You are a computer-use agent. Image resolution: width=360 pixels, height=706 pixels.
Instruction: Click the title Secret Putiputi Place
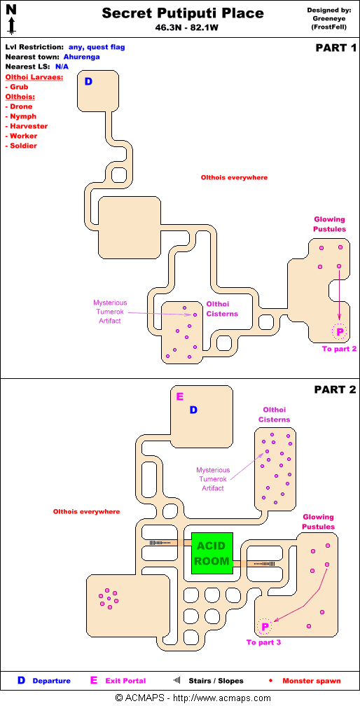tap(183, 13)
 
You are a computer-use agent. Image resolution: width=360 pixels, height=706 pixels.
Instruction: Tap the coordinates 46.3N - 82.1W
tap(183, 27)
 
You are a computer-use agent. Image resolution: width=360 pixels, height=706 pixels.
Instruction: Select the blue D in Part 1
tap(89, 81)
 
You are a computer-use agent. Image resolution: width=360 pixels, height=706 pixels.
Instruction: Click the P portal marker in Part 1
tap(340, 332)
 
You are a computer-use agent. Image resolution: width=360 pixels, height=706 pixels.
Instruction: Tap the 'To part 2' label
tap(339, 349)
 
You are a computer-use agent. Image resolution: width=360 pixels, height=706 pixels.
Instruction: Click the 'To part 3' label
tap(264, 642)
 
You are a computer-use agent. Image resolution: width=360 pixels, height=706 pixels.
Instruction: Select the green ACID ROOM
tap(212, 553)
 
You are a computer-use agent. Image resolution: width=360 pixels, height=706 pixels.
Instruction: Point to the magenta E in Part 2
tap(180, 396)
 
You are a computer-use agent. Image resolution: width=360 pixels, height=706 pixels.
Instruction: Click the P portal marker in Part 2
tap(265, 626)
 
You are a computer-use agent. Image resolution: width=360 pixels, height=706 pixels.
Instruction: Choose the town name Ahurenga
tap(81, 57)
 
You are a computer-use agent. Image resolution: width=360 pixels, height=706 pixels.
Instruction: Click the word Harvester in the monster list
tap(29, 126)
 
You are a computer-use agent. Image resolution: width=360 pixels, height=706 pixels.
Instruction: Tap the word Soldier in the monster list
tap(23, 146)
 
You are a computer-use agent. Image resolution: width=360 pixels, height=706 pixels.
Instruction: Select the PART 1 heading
tap(335, 48)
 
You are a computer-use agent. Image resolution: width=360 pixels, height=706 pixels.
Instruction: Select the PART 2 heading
tap(335, 389)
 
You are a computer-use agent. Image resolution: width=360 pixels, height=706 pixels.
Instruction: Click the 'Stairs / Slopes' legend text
tap(216, 681)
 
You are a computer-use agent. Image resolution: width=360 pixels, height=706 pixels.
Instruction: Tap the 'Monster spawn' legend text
tap(312, 681)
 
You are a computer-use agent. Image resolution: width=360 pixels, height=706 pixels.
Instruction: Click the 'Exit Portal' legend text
tap(125, 681)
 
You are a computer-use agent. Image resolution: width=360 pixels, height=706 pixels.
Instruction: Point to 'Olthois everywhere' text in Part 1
tap(234, 177)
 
